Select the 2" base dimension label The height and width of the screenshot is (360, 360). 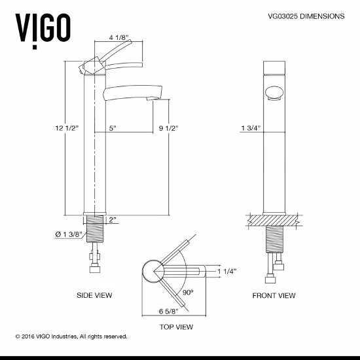[x=114, y=220]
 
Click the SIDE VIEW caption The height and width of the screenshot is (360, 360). [x=94, y=296]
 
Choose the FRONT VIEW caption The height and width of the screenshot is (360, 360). [x=274, y=296]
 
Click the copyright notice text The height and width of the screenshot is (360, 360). [x=71, y=336]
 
